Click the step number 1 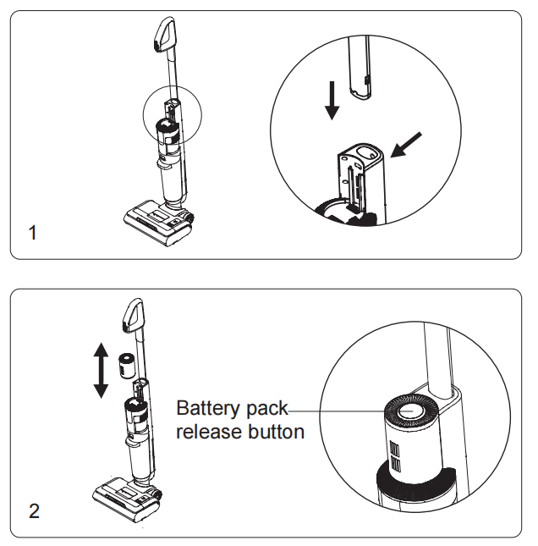coord(33,233)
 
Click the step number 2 coord(34,511)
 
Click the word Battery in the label coord(208,409)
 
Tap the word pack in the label coord(267,409)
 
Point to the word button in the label coord(277,432)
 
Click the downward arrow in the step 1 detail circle coord(332,101)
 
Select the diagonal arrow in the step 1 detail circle coord(406,145)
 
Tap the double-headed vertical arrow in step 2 coord(101,370)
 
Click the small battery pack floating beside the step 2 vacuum coord(127,366)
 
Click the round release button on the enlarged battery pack coord(410,411)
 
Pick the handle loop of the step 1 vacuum coord(164,35)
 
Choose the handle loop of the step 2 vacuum coord(133,315)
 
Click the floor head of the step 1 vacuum coord(159,223)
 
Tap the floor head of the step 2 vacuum coord(128,500)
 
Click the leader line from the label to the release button coord(350,411)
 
